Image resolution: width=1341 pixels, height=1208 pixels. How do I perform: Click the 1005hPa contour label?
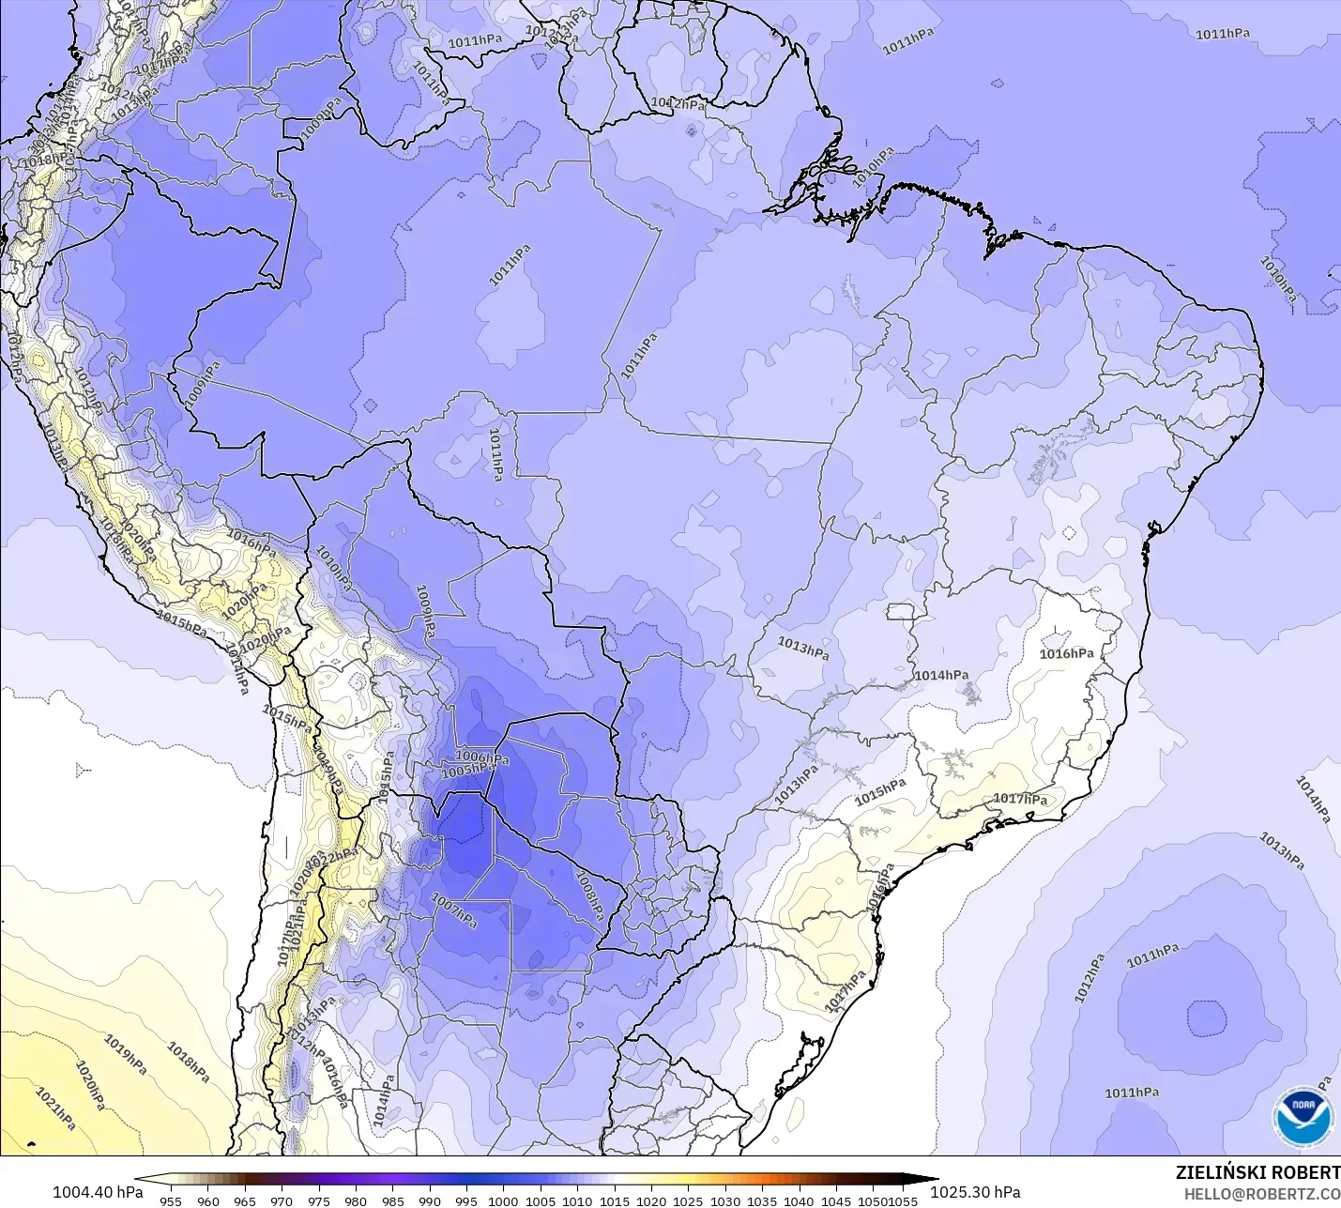467,770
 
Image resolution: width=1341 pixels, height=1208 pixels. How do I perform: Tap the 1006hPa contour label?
481,757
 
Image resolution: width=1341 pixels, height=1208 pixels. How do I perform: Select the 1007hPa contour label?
454,910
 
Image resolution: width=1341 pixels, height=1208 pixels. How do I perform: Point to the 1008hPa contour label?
587,895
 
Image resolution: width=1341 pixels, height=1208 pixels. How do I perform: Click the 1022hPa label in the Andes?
334,856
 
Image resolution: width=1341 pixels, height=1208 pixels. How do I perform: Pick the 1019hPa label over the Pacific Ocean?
124,1055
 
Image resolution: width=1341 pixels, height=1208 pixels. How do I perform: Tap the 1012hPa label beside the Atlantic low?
1090,978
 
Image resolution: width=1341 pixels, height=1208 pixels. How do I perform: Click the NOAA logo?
1303,1117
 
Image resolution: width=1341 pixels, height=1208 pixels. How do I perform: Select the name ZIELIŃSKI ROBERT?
1257,1172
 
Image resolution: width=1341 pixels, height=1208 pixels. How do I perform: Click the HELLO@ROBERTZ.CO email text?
1261,1194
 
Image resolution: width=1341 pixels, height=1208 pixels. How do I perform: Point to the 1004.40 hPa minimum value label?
98,1192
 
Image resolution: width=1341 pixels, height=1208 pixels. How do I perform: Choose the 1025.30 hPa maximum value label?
975,1192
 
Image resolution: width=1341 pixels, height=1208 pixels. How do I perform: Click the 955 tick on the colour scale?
171,1200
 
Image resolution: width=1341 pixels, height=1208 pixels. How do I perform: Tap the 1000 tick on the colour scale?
503,1200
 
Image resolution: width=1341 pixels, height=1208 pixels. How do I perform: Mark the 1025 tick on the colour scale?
688,1200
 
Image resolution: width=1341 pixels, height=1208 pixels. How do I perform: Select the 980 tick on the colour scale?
356,1200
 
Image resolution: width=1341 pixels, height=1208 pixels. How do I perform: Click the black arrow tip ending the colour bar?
929,1180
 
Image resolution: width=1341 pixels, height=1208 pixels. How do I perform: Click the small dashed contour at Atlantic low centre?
1206,1018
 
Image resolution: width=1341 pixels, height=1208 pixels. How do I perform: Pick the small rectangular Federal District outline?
900,611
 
